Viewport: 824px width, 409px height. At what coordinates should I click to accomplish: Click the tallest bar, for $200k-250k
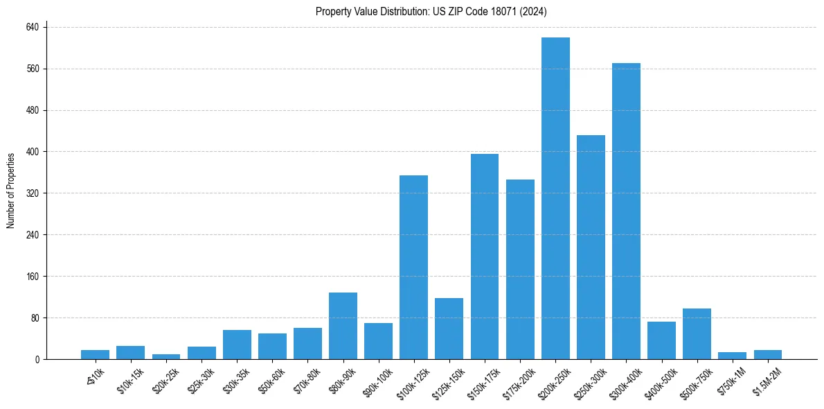(555, 198)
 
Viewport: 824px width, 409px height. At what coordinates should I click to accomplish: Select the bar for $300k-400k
(626, 211)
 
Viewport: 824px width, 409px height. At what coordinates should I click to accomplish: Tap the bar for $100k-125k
(413, 268)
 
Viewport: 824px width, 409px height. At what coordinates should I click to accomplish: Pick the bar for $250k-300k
(591, 247)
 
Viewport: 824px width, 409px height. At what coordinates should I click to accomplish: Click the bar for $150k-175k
(485, 256)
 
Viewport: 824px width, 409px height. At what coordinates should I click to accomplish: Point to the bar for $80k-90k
(343, 326)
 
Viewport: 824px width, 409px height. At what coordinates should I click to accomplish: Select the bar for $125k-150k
(449, 329)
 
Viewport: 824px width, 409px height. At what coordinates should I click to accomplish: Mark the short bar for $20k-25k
(166, 356)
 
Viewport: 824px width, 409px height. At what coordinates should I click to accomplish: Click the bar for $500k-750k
(697, 334)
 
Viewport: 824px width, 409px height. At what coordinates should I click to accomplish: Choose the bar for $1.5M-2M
(767, 355)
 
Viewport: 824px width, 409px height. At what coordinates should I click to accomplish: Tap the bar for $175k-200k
(520, 270)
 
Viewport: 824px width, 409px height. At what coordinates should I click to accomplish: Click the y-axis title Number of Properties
(11, 191)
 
